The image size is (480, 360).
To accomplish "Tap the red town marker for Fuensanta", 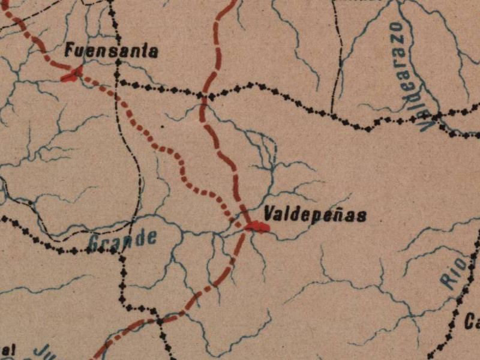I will pos(73,74).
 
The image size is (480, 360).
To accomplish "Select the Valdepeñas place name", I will pos(315,215).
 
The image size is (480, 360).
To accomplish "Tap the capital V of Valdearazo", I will pos(427,123).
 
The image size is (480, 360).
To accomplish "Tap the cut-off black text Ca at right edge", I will pos(472,322).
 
